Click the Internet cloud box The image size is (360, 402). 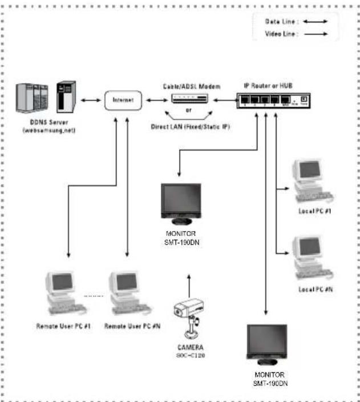[123, 100]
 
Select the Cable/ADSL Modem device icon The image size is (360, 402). [188, 99]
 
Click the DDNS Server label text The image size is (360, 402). [45, 123]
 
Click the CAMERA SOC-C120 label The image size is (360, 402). [191, 351]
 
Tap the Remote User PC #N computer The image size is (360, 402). [128, 292]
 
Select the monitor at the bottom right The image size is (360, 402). [266, 345]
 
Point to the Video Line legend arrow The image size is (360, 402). [318, 34]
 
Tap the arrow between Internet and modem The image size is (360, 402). [153, 100]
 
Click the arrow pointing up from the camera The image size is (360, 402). [188, 286]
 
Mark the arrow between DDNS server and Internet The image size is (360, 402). [91, 100]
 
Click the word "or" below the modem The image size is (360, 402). [188, 111]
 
